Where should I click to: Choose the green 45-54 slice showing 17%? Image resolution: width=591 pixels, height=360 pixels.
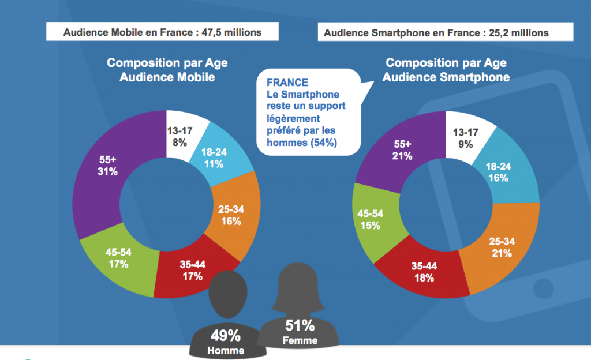(118, 258)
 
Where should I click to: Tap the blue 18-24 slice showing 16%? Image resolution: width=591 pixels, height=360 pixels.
(499, 172)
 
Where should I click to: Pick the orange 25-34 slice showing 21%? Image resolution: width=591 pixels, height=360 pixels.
(501, 248)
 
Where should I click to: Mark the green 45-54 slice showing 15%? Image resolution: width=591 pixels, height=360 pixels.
(371, 219)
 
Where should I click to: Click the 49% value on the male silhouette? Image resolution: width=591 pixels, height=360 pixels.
(226, 336)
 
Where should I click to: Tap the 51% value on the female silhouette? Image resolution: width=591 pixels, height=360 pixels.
(300, 325)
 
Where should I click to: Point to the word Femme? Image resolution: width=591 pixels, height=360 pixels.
(300, 340)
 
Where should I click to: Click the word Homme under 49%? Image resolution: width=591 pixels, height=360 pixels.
(226, 350)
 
